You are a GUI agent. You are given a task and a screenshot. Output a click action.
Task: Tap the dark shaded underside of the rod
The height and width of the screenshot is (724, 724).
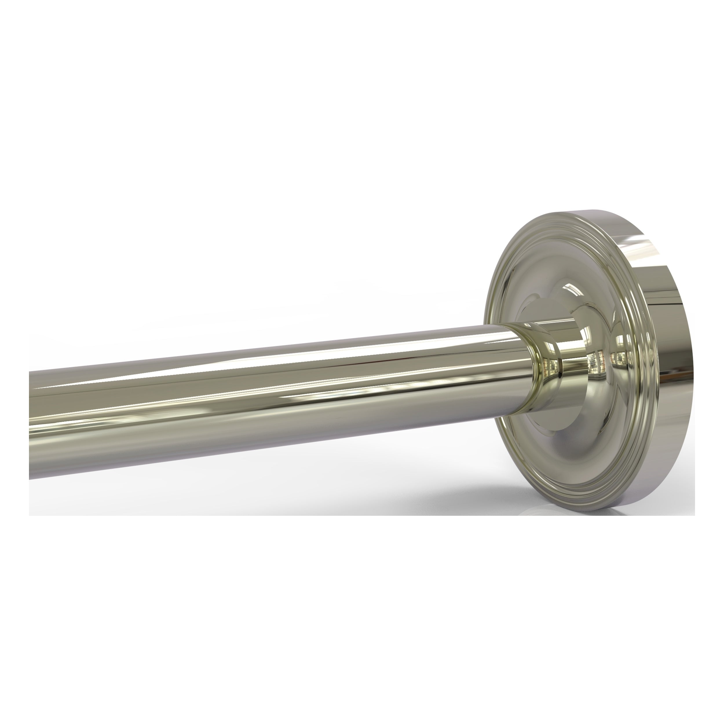(x=262, y=442)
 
